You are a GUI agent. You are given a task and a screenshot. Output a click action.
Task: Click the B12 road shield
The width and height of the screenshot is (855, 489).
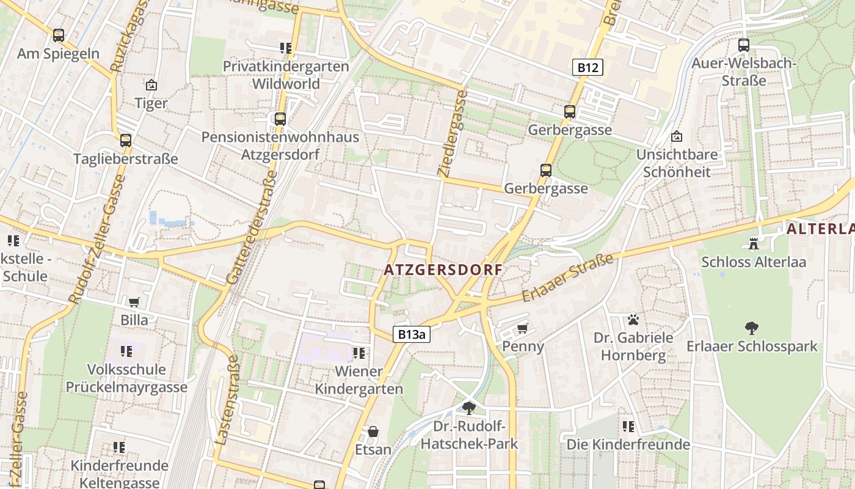pyautogui.click(x=588, y=67)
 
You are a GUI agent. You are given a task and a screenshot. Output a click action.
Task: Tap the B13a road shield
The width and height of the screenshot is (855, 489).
pyautogui.click(x=411, y=334)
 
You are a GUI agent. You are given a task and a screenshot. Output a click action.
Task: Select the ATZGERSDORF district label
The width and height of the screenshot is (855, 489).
pyautogui.click(x=443, y=270)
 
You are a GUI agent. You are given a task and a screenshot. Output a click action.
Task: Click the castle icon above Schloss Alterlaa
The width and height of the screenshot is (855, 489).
pyautogui.click(x=753, y=244)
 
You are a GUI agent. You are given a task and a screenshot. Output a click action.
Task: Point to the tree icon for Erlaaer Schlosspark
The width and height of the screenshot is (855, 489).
pyautogui.click(x=751, y=328)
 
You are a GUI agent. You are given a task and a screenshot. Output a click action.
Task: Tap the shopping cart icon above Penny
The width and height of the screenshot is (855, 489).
pyautogui.click(x=522, y=329)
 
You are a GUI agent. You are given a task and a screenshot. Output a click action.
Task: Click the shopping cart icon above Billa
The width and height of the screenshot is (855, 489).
pyautogui.click(x=134, y=302)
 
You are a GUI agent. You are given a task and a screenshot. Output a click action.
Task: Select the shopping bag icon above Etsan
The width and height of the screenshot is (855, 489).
pyautogui.click(x=373, y=432)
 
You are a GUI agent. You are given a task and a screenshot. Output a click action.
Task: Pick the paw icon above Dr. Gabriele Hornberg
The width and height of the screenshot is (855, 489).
pyautogui.click(x=633, y=319)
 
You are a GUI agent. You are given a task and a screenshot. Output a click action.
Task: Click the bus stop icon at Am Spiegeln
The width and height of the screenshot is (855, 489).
pyautogui.click(x=58, y=35)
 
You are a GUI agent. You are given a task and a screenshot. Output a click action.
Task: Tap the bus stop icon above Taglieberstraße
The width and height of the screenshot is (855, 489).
pyautogui.click(x=125, y=141)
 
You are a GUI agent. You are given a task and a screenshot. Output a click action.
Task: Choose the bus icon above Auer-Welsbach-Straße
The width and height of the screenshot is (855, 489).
pyautogui.click(x=743, y=45)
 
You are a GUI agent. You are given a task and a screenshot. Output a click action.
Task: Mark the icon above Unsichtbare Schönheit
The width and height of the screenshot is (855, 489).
pyautogui.click(x=677, y=136)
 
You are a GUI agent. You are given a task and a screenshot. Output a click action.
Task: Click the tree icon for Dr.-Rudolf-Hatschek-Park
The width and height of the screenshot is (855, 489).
pyautogui.click(x=468, y=408)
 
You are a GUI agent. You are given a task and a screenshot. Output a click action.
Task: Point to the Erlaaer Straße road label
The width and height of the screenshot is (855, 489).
pyautogui.click(x=567, y=278)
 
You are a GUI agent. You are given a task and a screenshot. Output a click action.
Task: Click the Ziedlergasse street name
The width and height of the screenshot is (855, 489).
pyautogui.click(x=452, y=134)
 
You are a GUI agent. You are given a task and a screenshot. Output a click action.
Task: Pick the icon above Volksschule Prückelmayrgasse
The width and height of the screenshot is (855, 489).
pyautogui.click(x=126, y=351)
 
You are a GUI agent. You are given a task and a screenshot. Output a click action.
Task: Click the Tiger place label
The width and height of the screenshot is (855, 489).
pyautogui.click(x=151, y=103)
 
